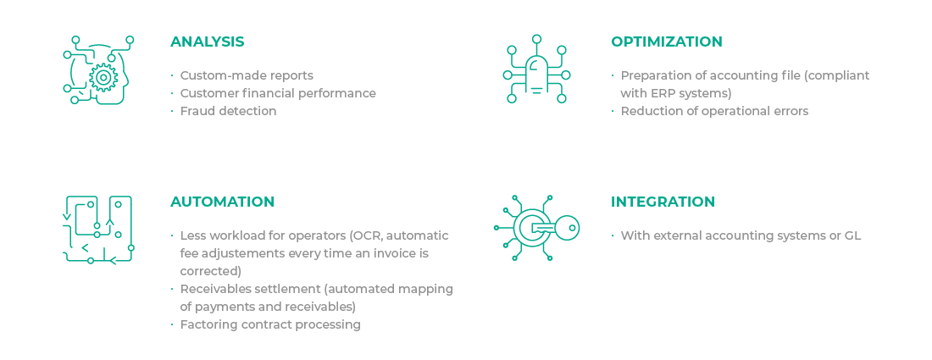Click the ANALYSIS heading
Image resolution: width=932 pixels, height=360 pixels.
[x=207, y=42]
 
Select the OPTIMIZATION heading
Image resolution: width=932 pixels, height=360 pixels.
[x=666, y=42]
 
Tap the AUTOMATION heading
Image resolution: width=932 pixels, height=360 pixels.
[x=222, y=202]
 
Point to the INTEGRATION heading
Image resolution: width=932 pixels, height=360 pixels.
[x=663, y=202]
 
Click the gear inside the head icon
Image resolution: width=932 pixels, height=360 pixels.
[x=103, y=77]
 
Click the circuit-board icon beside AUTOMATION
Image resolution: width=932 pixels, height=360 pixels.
[x=98, y=230]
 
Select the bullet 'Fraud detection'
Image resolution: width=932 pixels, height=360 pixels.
[x=228, y=111]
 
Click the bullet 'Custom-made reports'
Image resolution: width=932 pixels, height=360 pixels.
[x=247, y=75]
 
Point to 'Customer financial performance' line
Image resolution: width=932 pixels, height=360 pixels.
[x=278, y=93]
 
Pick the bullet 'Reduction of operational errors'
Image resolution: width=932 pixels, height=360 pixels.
[x=714, y=111]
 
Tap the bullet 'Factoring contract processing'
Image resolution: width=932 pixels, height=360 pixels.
[x=270, y=324]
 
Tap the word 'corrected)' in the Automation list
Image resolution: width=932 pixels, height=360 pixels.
[x=211, y=271]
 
